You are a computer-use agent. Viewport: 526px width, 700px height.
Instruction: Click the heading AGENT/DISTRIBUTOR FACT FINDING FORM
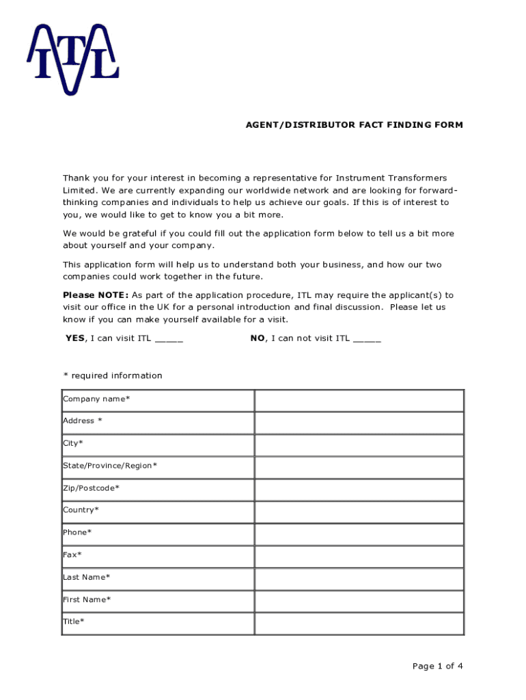354,125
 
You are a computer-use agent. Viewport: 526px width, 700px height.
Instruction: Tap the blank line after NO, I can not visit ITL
367,338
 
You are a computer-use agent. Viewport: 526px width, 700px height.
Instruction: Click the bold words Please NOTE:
96,295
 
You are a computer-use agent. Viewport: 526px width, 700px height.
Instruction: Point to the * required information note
113,375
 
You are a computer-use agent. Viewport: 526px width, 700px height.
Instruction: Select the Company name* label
96,399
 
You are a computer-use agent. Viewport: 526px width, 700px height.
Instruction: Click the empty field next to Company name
359,401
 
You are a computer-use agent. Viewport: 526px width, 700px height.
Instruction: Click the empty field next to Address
359,423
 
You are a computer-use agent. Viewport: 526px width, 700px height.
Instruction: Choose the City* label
73,443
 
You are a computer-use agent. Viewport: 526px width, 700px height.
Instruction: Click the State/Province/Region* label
110,466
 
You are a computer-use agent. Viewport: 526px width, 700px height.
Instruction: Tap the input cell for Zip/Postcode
359,489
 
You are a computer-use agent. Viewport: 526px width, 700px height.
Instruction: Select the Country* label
81,510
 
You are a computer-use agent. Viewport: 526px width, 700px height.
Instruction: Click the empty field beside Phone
359,534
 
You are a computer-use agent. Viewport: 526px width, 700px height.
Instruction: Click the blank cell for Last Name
359,579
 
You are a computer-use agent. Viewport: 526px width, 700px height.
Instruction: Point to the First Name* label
87,600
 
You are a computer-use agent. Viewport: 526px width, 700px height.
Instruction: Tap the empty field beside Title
359,623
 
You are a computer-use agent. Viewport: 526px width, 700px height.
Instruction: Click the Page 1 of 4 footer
438,667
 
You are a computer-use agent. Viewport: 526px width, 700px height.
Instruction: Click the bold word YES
75,338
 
